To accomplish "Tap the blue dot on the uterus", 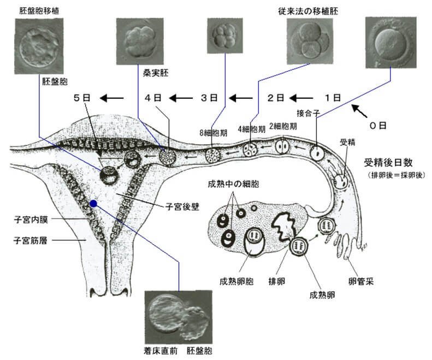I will [x=94, y=203].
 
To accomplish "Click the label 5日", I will [x=81, y=98].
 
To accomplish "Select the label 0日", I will [x=378, y=125].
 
